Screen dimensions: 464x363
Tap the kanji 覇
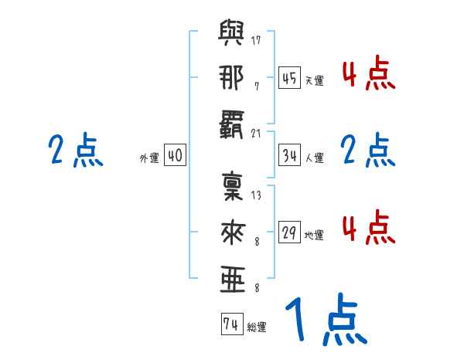231,124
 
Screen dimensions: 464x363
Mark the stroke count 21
256,132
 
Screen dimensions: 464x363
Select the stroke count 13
256,195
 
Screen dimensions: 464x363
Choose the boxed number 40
174,155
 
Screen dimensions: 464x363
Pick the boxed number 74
230,324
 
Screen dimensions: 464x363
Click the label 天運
314,80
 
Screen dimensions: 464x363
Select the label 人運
314,158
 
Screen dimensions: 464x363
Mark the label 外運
148,158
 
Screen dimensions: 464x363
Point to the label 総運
256,327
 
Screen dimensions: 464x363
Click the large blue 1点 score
325,321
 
